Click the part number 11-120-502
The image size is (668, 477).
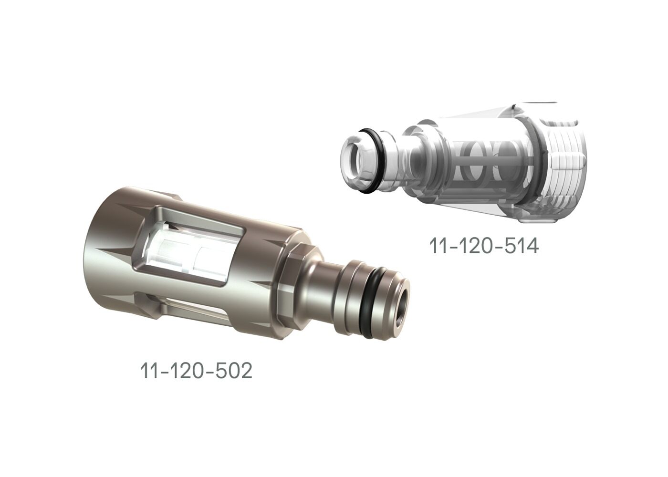[196, 371]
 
